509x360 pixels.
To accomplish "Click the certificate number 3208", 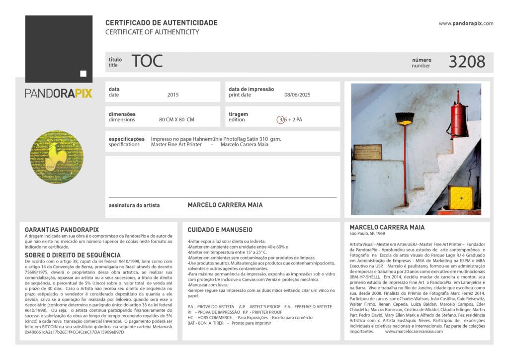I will (x=467, y=62).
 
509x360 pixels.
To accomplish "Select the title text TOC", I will (x=147, y=61).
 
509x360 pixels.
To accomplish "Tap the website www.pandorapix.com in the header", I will (x=466, y=23).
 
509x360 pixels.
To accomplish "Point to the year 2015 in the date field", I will (x=173, y=94).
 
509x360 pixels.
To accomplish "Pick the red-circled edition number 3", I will (x=281, y=120).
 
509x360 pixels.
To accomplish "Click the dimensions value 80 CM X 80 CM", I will (x=176, y=120).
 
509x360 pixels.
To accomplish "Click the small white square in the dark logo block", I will (x=83, y=74).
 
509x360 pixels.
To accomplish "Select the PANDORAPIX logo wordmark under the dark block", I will (x=59, y=93).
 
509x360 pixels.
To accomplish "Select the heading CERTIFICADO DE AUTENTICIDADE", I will (x=161, y=23).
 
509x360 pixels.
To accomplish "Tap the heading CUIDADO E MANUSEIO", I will (x=220, y=230).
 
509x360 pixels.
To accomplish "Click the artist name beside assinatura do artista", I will (x=225, y=205).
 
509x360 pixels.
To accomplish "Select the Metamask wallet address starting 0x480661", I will (x=74, y=332).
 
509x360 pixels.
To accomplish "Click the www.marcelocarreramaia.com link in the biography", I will (x=410, y=331).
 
